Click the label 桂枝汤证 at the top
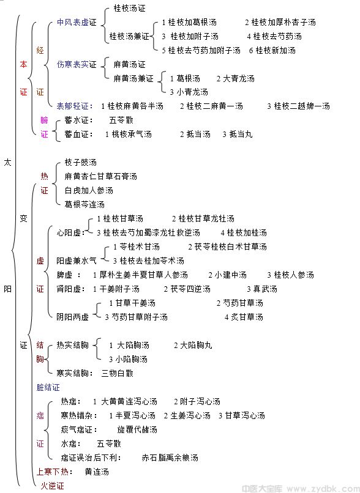(x=129, y=9)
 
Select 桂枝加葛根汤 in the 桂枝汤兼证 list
(x=192, y=22)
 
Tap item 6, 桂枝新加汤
(x=276, y=50)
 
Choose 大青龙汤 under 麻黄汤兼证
(x=239, y=79)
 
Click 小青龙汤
(x=192, y=92)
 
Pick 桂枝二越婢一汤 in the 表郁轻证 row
(x=302, y=106)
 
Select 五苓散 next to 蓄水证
(x=121, y=120)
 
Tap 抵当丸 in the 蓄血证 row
(x=241, y=134)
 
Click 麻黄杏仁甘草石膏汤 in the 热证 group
(x=100, y=176)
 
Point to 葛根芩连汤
(x=84, y=204)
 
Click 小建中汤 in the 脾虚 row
(x=231, y=275)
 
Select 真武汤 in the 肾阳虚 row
(x=265, y=289)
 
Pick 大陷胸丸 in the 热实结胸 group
(x=196, y=345)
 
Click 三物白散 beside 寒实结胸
(x=118, y=373)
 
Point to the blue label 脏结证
(x=48, y=387)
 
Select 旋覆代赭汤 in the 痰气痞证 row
(x=137, y=429)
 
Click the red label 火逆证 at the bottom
(x=52, y=486)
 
